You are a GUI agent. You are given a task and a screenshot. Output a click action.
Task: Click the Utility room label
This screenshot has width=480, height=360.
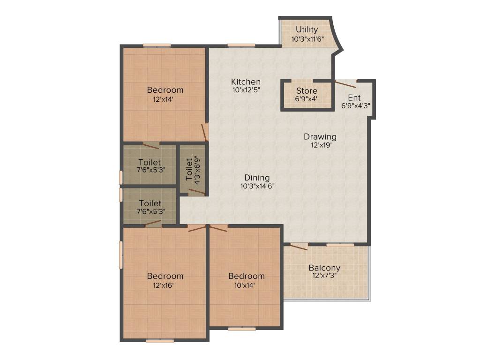click(307, 30)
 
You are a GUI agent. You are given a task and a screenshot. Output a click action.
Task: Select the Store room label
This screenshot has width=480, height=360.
click(307, 91)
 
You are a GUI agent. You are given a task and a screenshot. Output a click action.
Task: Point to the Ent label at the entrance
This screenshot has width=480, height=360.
click(354, 98)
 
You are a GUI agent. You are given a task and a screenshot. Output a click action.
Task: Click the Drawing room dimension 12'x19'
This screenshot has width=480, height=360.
click(320, 145)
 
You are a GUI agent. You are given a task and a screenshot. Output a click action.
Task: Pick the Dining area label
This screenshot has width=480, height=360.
click(257, 178)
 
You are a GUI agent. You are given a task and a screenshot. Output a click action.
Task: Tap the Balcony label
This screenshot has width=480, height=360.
click(324, 268)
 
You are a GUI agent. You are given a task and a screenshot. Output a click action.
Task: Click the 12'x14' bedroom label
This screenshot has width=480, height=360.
click(165, 90)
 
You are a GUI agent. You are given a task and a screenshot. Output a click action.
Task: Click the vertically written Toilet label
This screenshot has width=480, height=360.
click(189, 170)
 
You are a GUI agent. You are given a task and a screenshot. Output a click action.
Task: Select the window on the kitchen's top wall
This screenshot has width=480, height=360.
click(241, 45)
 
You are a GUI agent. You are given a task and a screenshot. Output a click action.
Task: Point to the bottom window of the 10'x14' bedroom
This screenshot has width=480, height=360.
click(242, 329)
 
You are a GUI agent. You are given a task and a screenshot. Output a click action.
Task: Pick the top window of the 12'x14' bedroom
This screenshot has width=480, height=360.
click(157, 45)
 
